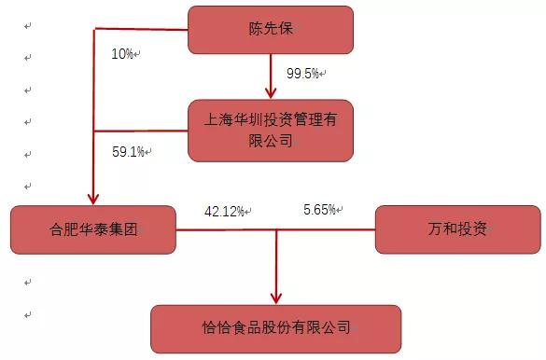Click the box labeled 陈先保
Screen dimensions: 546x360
click(271, 29)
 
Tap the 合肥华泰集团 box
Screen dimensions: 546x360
click(93, 229)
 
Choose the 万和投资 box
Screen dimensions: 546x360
click(456, 229)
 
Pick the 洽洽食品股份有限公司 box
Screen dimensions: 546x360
click(276, 327)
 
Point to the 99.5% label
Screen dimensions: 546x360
click(301, 72)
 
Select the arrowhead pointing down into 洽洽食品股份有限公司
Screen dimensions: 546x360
click(276, 297)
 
